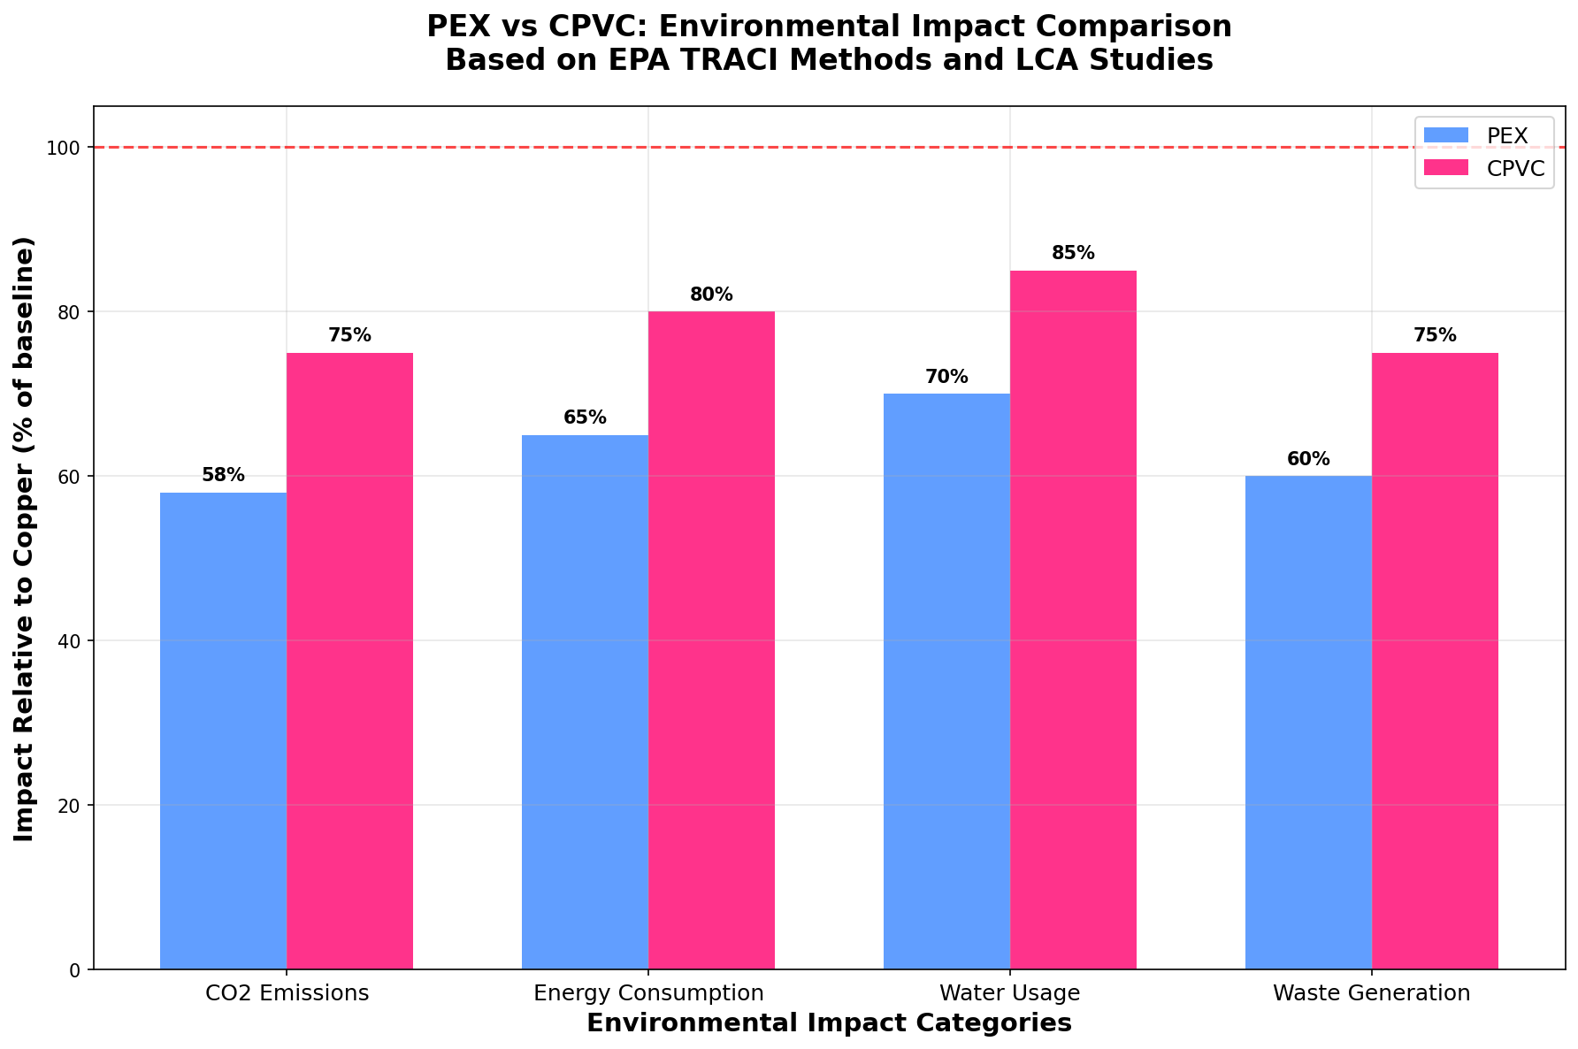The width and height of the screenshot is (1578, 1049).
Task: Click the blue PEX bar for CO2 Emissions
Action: (223, 731)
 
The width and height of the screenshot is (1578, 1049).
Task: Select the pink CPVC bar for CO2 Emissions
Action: (349, 661)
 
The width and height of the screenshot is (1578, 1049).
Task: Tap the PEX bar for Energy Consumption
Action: (585, 701)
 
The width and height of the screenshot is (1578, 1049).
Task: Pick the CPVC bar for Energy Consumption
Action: (711, 640)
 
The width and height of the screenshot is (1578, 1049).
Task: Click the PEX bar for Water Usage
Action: (946, 681)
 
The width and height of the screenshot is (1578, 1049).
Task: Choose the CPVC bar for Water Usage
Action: (1073, 619)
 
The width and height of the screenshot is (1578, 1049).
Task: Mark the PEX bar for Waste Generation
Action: (1308, 722)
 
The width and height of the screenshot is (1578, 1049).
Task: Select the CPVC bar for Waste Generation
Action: (1435, 661)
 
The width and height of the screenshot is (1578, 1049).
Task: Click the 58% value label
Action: (223, 475)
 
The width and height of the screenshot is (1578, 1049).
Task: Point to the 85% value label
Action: (1073, 253)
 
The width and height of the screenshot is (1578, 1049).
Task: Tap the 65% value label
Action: (585, 417)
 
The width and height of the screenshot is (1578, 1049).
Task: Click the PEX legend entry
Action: (1506, 135)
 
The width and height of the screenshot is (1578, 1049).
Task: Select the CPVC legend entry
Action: (1515, 168)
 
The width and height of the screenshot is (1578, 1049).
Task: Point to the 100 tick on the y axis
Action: (70, 148)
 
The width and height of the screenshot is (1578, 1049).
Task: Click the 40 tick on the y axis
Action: (73, 640)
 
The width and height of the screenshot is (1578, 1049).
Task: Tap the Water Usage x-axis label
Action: (1010, 992)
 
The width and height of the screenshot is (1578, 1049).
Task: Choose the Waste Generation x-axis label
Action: (1371, 992)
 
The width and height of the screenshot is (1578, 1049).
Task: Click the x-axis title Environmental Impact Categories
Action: (829, 1023)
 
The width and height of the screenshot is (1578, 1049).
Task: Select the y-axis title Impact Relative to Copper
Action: (25, 539)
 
